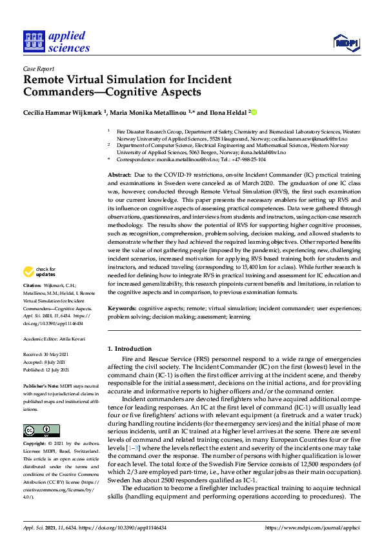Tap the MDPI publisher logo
[347, 43]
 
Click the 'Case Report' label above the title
[38, 68]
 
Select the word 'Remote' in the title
[46, 80]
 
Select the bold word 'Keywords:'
[123, 309]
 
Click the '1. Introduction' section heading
[130, 349]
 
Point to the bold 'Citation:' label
[32, 302]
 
